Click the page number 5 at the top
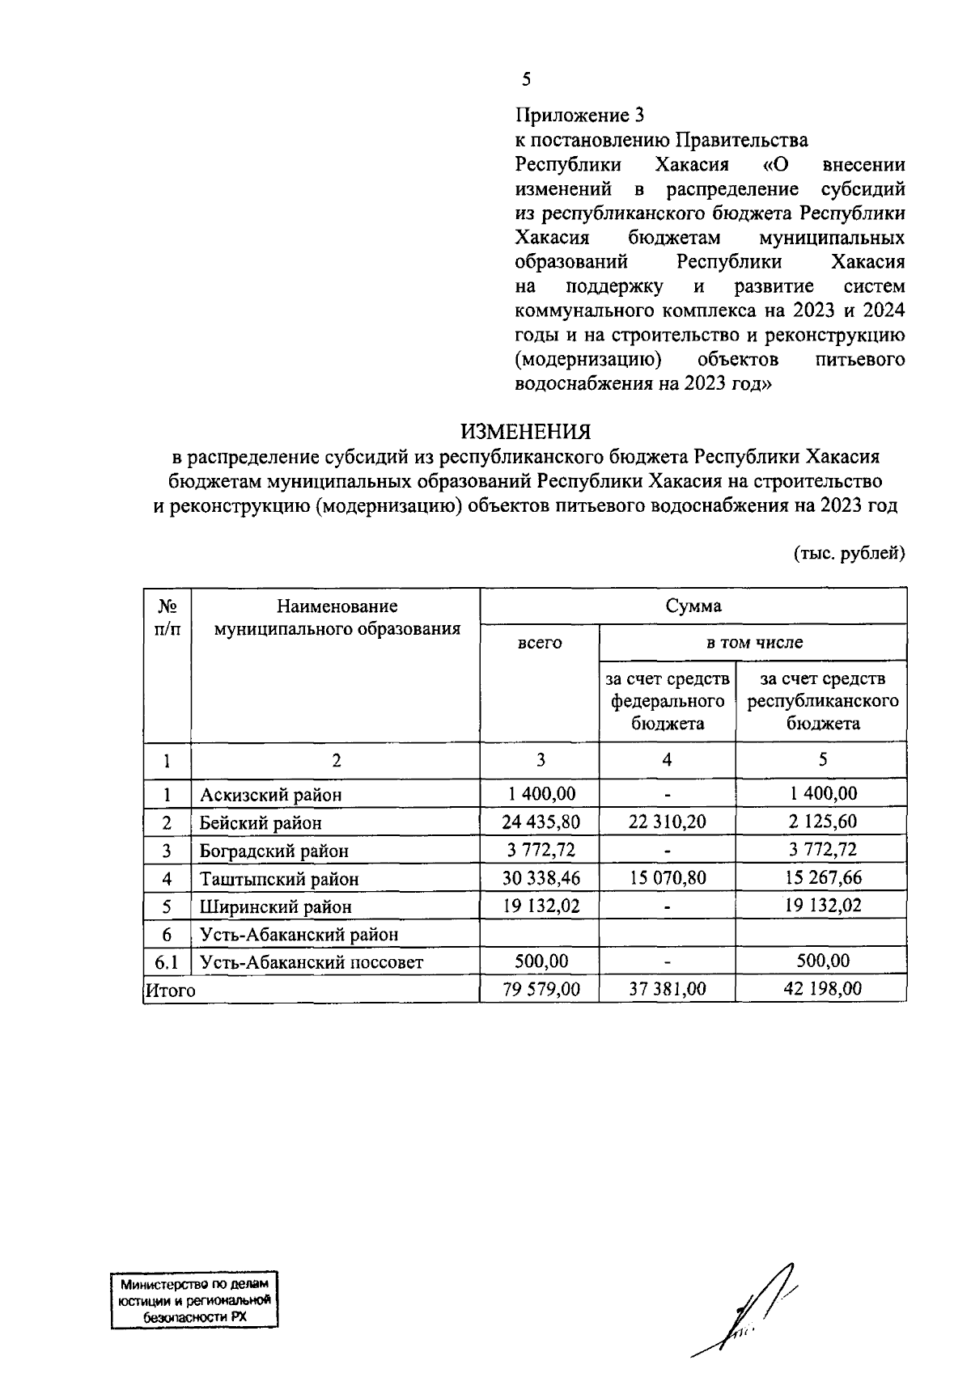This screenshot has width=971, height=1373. [526, 79]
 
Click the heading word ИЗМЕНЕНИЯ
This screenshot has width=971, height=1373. [526, 431]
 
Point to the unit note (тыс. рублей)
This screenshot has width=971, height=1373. [848, 554]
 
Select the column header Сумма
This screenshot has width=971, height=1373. [693, 606]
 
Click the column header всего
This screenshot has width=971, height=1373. [540, 643]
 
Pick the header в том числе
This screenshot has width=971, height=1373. [753, 643]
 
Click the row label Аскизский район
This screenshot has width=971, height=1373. [271, 795]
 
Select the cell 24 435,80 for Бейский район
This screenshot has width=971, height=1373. [540, 822]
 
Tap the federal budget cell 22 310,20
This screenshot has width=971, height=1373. [667, 822]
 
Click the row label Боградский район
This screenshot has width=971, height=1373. [274, 851]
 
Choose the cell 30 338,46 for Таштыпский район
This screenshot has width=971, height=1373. [540, 878]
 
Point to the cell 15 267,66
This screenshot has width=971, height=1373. [821, 878]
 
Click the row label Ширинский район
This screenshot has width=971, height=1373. [276, 906]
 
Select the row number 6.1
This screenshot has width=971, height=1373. [166, 962]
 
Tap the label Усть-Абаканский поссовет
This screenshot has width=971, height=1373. [312, 962]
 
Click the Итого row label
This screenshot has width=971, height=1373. [170, 990]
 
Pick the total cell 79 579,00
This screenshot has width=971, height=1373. [540, 989]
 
